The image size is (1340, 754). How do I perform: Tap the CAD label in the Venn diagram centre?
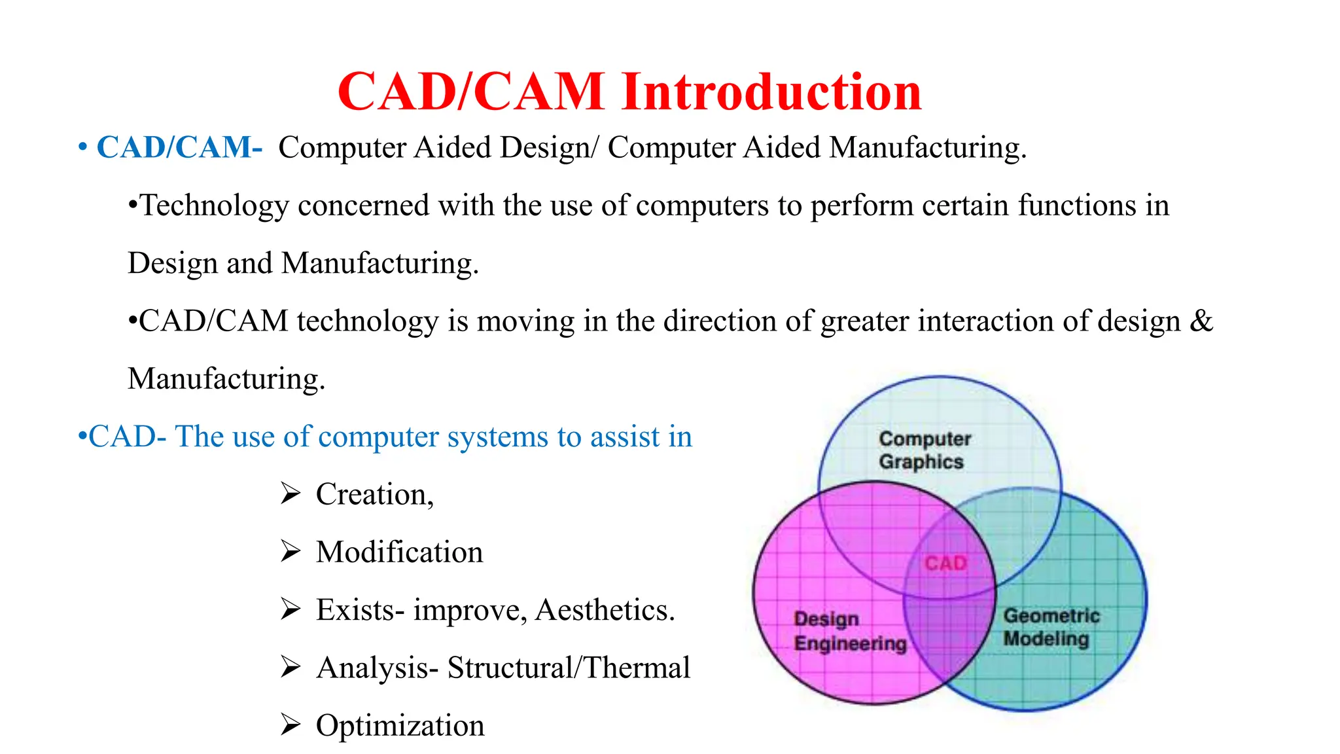click(x=945, y=564)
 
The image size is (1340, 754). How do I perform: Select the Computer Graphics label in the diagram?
click(x=923, y=450)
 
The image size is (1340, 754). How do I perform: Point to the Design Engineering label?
click(x=849, y=632)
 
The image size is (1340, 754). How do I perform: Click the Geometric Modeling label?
click(x=1051, y=627)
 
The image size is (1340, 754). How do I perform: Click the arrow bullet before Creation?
click(x=290, y=494)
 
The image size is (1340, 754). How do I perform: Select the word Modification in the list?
click(x=399, y=552)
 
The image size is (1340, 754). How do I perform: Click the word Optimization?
click(x=400, y=726)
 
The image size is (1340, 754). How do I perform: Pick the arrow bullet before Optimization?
click(x=290, y=725)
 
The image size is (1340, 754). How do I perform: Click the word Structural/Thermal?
click(x=568, y=668)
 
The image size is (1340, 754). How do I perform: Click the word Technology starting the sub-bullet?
click(x=215, y=206)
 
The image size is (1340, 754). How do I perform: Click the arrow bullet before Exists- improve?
click(x=290, y=609)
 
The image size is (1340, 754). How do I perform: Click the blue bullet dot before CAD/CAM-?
click(x=82, y=147)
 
